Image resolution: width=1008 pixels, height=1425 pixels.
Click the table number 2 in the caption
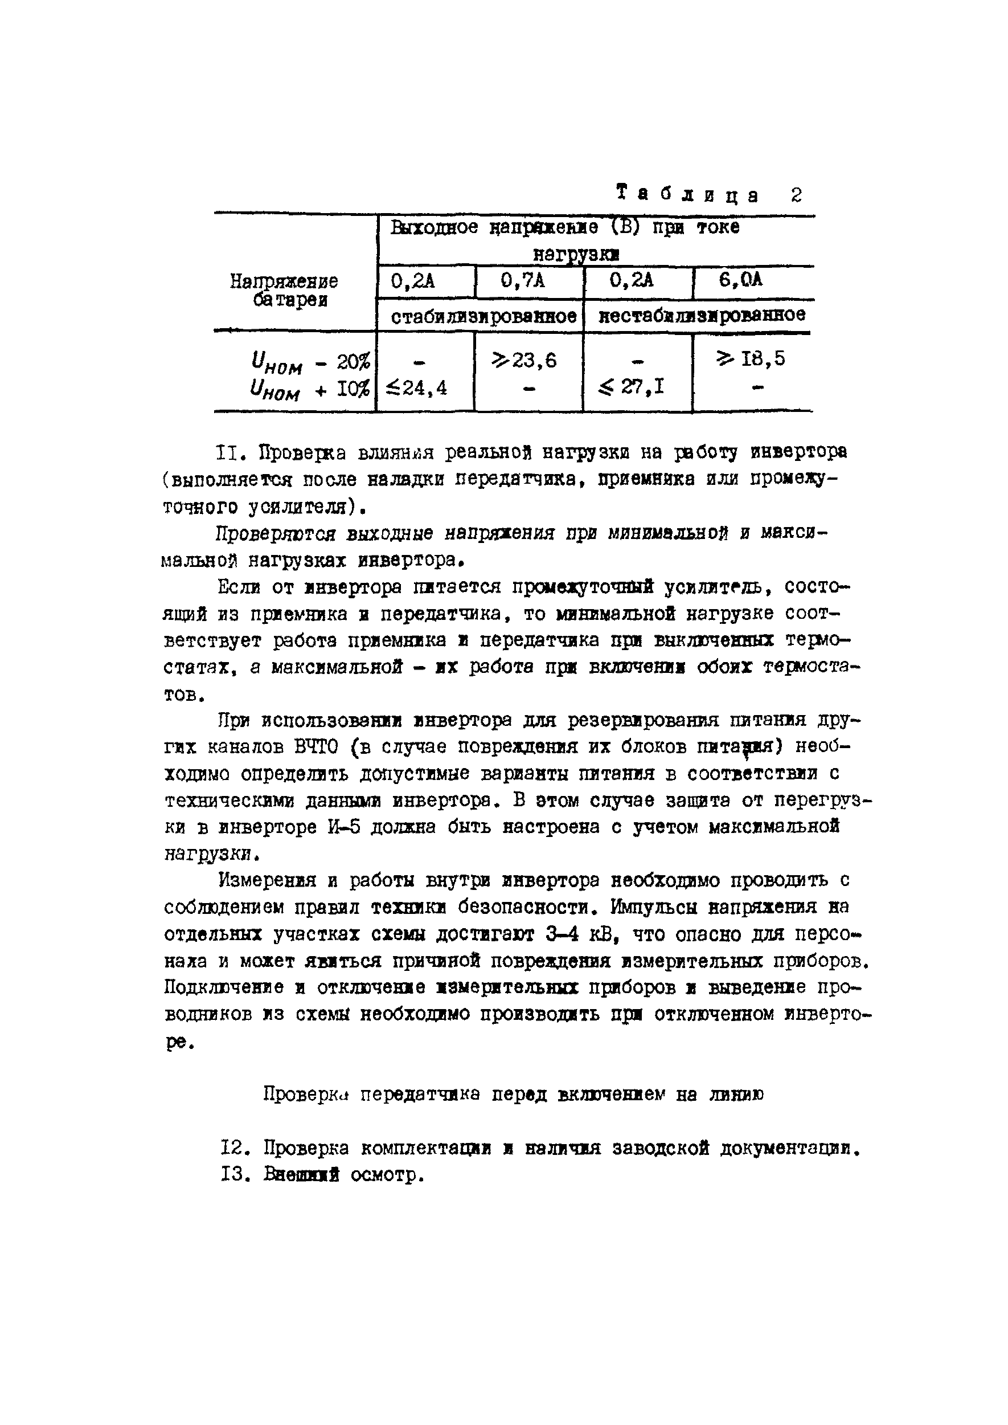coord(796,195)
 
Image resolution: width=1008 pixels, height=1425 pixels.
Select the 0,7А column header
coord(523,281)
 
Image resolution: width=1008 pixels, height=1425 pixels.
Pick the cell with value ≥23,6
coord(524,360)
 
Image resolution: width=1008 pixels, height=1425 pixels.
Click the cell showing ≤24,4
coord(416,388)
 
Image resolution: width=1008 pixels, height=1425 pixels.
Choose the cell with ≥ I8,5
coord(751,359)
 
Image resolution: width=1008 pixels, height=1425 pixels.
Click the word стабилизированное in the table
coord(483,316)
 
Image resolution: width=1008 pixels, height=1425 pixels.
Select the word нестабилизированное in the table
coord(702,315)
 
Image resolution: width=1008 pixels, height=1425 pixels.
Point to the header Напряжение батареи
coord(284,291)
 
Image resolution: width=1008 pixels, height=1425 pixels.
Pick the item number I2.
coord(234,1148)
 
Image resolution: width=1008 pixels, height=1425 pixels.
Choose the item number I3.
coord(234,1175)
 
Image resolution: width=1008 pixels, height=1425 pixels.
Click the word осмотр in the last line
coord(386,1175)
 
